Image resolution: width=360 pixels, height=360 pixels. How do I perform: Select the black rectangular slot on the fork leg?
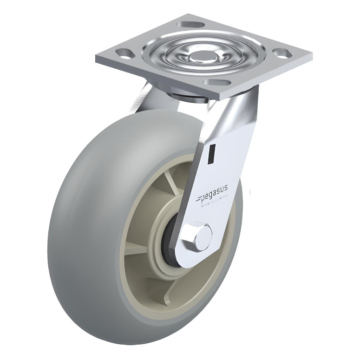click(x=212, y=154)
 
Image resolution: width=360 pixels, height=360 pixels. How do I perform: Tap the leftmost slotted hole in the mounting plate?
click(x=122, y=52)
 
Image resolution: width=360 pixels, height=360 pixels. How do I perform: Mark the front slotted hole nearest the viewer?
click(x=214, y=82)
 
